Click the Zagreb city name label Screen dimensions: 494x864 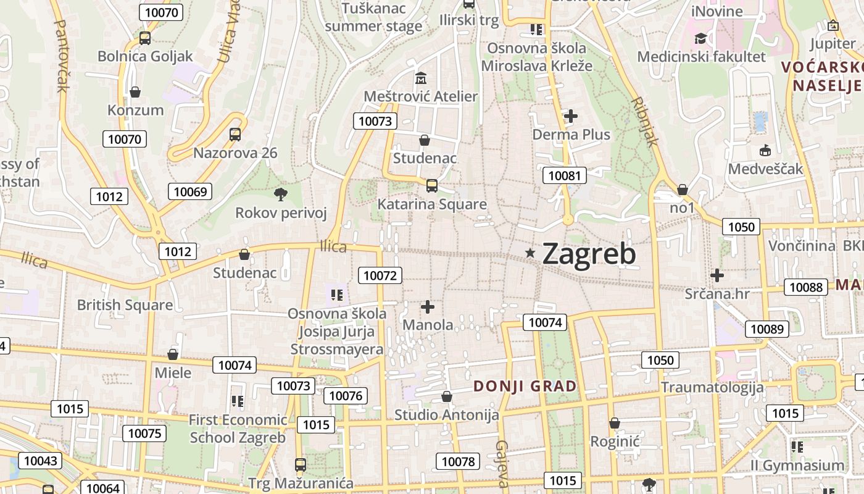[589, 254]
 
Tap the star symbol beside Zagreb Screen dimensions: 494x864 [530, 253]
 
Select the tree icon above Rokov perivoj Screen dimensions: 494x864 [281, 195]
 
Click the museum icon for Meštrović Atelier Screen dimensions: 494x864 [421, 78]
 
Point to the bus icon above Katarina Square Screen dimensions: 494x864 [432, 185]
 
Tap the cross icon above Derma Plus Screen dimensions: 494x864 [571, 115]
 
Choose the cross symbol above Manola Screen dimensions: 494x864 [427, 306]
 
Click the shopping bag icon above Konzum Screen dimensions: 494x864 [135, 92]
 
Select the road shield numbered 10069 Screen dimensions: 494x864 [190, 191]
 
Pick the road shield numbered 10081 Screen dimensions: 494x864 [564, 175]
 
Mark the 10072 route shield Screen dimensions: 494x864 [380, 275]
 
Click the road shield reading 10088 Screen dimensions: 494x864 [806, 287]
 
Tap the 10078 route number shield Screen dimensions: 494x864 [458, 461]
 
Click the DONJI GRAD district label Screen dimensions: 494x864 [525, 387]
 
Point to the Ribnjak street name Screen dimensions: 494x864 [645, 121]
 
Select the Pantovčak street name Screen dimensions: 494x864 [62, 56]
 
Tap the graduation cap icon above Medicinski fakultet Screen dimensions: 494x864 [700, 39]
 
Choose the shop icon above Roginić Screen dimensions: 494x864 [614, 423]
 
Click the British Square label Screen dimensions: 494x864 [125, 305]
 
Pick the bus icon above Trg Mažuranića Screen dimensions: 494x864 [301, 464]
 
